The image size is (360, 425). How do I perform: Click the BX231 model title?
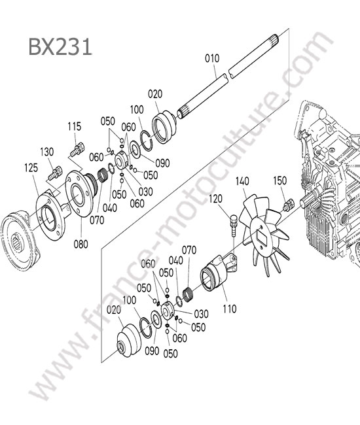point(60,46)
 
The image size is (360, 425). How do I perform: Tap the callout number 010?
point(212,58)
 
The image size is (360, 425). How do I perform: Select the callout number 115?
point(75,126)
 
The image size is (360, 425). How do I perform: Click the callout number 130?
point(47,152)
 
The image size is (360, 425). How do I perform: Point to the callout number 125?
point(31,168)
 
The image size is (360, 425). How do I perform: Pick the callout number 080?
point(81,245)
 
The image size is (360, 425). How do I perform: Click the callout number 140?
point(242,181)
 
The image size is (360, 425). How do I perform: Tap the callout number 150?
point(279,180)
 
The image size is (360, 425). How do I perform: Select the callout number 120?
point(215,199)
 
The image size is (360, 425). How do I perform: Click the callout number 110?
point(230,309)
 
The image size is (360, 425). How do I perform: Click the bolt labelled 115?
point(77,149)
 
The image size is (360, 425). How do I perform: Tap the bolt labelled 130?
point(56,173)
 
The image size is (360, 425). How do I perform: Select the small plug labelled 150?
point(289,205)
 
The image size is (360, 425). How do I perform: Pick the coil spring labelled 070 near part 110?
point(189,295)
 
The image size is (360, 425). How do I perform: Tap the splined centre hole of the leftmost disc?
point(18,242)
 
